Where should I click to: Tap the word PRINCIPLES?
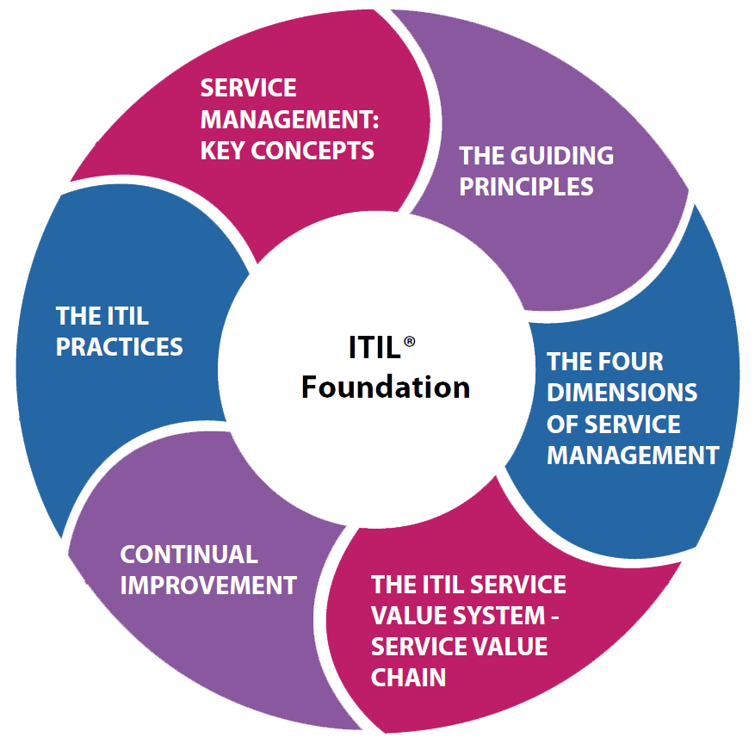point(526,187)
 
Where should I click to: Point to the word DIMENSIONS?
point(622,392)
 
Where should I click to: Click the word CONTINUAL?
point(189,554)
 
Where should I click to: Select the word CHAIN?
point(408,677)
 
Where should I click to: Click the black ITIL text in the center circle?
point(374,348)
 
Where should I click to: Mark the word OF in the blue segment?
point(563,424)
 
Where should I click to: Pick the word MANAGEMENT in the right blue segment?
point(633,455)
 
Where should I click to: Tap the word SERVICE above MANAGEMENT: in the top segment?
point(248,88)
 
